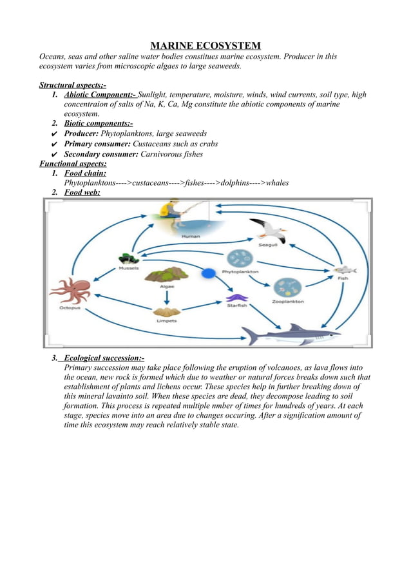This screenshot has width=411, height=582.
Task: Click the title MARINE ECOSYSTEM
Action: pos(205,45)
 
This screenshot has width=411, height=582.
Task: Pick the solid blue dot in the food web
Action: pos(207,274)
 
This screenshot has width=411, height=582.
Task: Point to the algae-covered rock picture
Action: pos(166,274)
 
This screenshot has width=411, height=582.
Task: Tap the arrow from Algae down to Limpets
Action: pos(167,296)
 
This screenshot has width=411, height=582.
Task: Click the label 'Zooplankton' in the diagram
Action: pos(287,301)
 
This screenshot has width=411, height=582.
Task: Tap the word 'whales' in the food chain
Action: pos(274,182)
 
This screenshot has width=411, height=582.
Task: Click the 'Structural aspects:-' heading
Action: pos(73,84)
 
